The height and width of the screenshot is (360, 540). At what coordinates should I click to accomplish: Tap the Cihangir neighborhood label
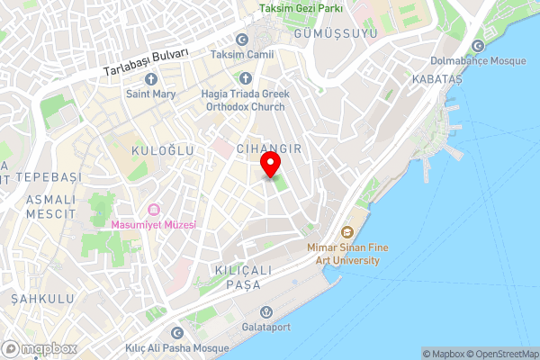[267, 147]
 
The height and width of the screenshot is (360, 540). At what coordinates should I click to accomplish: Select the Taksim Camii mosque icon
[241, 40]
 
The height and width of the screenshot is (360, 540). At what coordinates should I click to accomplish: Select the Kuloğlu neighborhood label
[162, 150]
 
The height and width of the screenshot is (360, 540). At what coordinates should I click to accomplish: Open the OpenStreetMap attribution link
[504, 353]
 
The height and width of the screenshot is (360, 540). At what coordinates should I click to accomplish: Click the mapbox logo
[40, 348]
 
